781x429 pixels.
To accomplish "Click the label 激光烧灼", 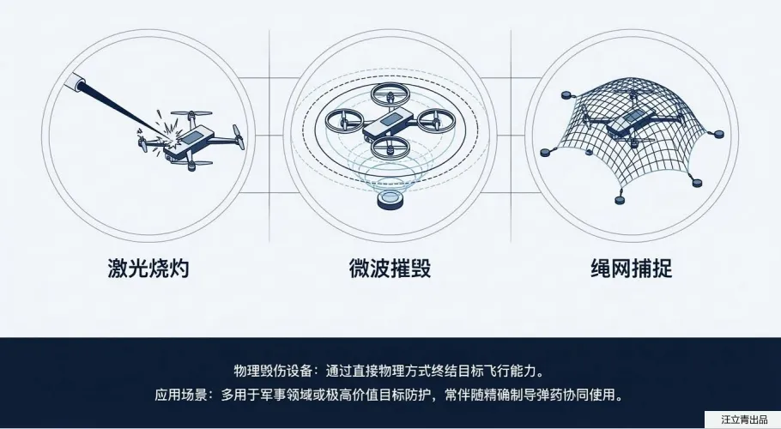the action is click(x=148, y=269).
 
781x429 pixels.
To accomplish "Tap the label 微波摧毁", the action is click(x=390, y=269).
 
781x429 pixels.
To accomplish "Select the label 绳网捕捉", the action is click(x=632, y=269).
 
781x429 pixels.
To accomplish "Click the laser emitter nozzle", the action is click(x=80, y=83).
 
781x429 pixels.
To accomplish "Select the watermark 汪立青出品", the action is click(x=742, y=420).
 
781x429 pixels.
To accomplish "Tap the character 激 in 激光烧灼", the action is click(x=118, y=269).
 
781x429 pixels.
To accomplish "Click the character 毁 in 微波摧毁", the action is click(x=420, y=269).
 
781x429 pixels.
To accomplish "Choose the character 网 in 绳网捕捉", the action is click(x=612, y=269).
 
